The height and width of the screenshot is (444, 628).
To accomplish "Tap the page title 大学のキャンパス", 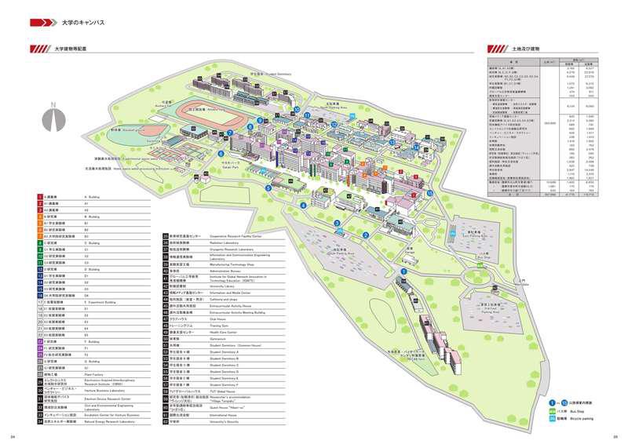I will pyautogui.click(x=82, y=24).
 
